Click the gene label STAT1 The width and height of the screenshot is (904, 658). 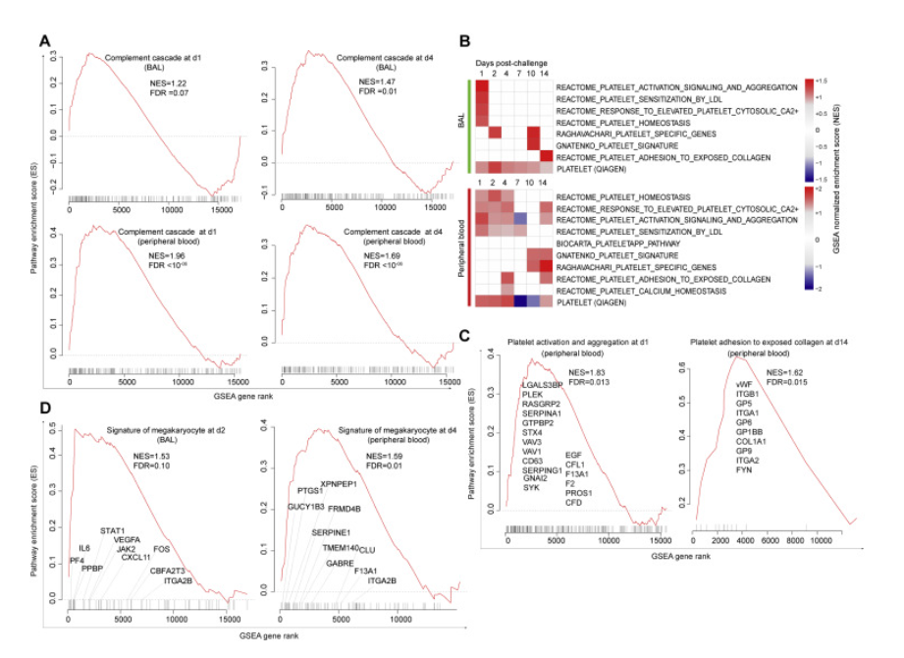point(112,530)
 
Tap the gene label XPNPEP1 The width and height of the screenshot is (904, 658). point(340,482)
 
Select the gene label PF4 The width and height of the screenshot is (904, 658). point(76,561)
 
